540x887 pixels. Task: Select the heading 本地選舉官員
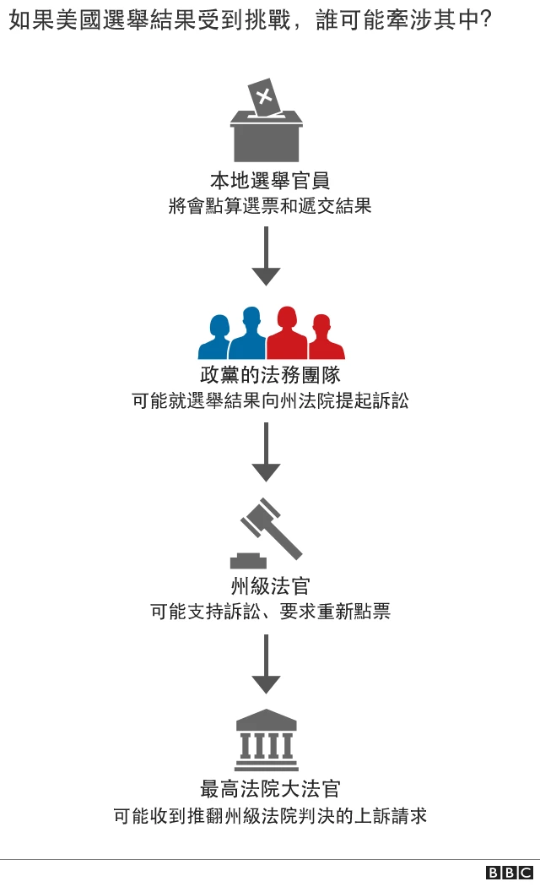tap(270, 180)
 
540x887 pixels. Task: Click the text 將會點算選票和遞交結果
tap(270, 206)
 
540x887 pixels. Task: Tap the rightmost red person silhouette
tap(322, 340)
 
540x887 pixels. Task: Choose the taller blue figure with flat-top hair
tap(248, 335)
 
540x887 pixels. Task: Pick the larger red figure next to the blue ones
tap(287, 335)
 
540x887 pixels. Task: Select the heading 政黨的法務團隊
tap(270, 374)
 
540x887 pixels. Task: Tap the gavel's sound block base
tap(248, 560)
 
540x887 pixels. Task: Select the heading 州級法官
tap(270, 585)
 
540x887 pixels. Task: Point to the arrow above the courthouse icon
tap(266, 663)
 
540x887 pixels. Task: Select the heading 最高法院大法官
tap(270, 789)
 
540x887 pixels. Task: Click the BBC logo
tap(509, 873)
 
